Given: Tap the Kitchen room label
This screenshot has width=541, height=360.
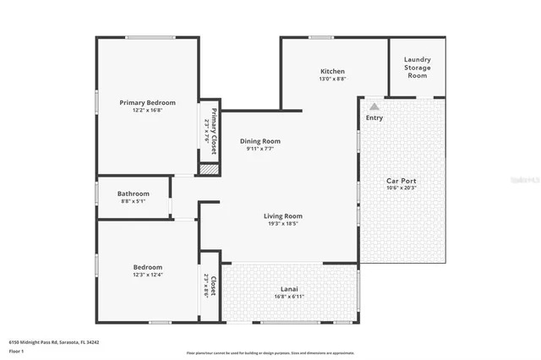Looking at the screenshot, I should point(331,71).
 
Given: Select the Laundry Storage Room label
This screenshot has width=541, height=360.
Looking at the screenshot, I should point(417,67).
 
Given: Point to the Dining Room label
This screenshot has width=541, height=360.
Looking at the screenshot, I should point(260,141).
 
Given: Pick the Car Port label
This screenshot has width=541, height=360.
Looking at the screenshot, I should point(401,181).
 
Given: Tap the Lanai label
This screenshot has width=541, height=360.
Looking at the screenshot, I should point(290,289).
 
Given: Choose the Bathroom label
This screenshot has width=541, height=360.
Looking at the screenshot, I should point(133,194).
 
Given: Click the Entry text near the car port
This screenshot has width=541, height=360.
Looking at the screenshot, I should point(374,117).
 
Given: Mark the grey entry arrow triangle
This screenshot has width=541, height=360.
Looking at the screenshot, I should point(374,106).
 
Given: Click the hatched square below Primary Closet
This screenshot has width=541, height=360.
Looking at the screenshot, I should point(208,170).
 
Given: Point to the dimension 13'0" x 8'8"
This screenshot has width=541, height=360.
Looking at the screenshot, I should point(331,79).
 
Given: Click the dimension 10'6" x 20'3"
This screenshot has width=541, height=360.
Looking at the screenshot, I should point(401,188).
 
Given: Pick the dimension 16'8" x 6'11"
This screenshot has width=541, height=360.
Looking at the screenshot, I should point(290,297).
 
